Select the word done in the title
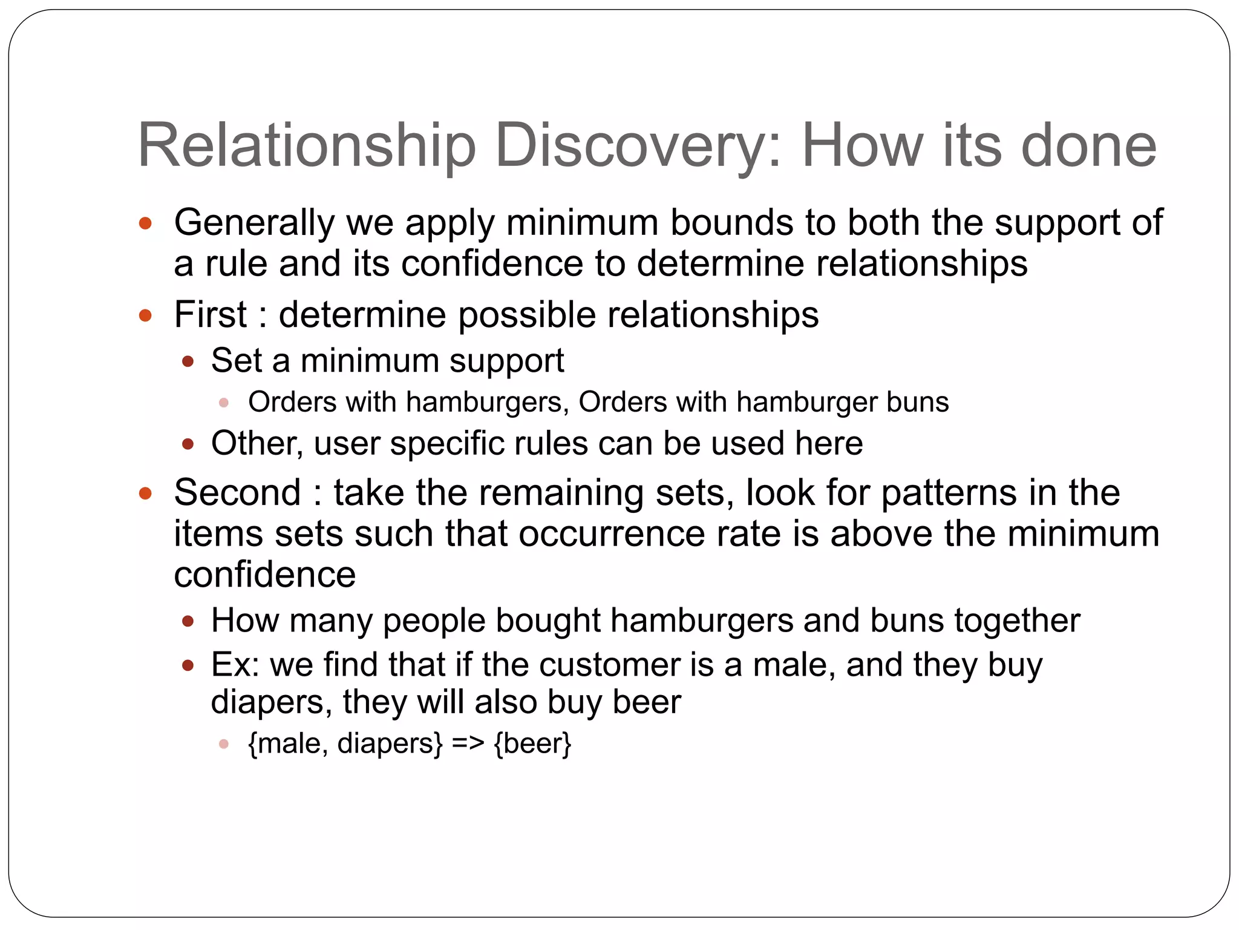(1088, 145)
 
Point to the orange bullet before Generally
(145, 223)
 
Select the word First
(210, 315)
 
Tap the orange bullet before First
(145, 315)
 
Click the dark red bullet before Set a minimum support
(188, 362)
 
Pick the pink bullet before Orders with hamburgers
(224, 403)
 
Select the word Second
(237, 492)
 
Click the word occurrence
(611, 534)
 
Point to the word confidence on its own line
(264, 575)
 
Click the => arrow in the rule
(468, 744)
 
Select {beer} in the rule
(532, 744)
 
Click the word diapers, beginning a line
(271, 702)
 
